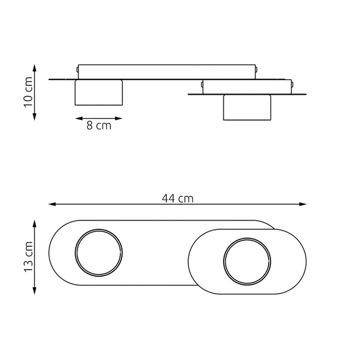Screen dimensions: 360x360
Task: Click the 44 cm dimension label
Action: tap(177, 198)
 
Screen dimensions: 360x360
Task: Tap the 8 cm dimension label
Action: tap(99, 126)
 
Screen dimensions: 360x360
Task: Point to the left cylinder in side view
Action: tap(99, 93)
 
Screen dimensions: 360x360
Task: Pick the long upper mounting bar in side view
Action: tap(167, 71)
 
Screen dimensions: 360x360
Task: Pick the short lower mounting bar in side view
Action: tap(246, 87)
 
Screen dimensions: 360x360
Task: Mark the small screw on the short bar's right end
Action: tap(292, 82)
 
